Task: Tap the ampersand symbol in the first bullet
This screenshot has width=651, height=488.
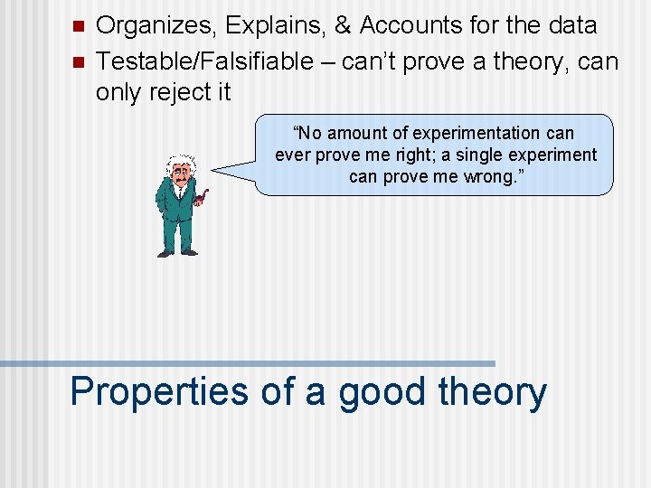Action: coord(343,26)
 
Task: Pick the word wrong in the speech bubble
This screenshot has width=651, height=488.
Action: coord(495,176)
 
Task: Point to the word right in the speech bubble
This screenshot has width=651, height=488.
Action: coord(409,155)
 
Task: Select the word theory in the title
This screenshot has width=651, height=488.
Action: coord(492,392)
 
